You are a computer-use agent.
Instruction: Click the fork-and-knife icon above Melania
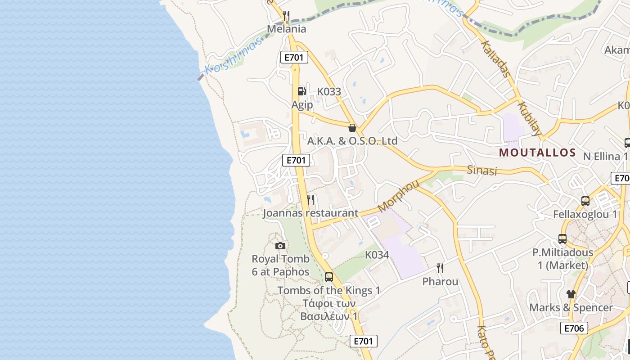[286, 16]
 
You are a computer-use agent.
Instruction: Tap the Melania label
[286, 29]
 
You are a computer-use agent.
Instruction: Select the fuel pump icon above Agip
[301, 91]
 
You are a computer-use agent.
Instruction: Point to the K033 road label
[329, 92]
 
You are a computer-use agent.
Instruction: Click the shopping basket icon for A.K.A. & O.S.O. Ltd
[352, 128]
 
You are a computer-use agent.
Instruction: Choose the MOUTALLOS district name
[537, 153]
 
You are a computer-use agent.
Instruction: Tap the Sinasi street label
[481, 171]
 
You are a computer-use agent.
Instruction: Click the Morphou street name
[399, 196]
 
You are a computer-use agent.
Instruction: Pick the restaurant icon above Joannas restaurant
[310, 199]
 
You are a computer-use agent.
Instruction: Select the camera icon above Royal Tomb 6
[280, 246]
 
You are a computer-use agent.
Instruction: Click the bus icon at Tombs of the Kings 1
[329, 277]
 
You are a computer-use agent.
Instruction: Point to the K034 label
[377, 255]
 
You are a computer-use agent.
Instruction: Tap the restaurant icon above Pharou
[440, 268]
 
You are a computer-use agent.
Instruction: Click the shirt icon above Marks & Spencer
[571, 294]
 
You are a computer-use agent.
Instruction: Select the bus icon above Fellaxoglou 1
[585, 201]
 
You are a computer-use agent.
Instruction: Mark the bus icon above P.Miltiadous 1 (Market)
[562, 239]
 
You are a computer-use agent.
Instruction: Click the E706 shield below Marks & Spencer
[574, 328]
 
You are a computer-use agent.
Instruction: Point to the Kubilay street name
[529, 119]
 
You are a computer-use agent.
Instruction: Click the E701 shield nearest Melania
[294, 57]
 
